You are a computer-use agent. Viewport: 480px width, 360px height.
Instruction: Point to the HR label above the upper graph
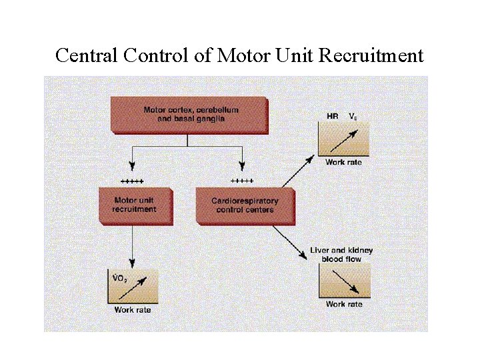pos(332,116)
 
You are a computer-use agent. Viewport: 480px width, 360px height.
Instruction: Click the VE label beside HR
pos(354,117)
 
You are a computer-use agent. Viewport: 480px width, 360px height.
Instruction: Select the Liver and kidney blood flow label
pos(341,255)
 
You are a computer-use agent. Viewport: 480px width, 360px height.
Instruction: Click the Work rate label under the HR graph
pos(343,162)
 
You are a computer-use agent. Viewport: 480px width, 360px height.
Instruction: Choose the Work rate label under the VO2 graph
pos(133,309)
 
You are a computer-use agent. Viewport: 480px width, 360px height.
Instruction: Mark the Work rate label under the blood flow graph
pos(344,304)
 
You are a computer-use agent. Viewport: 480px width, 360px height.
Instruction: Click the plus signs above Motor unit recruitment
pos(132,181)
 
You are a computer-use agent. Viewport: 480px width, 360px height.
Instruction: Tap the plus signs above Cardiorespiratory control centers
pos(241,180)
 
